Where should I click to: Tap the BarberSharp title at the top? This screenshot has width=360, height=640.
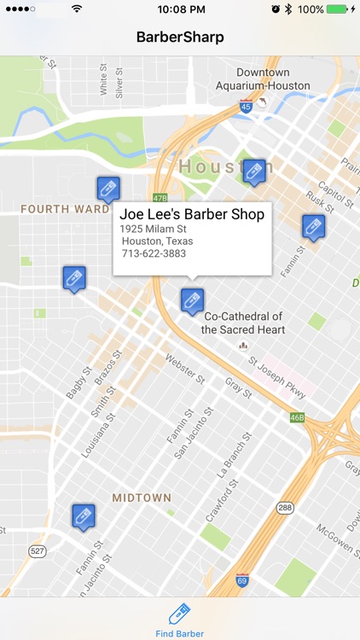click(180, 38)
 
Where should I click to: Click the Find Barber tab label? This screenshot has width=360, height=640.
click(179, 634)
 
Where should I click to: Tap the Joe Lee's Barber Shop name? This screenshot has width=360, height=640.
click(192, 214)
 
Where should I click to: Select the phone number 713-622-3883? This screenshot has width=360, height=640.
click(154, 253)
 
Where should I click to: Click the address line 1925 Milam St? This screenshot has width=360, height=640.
click(153, 229)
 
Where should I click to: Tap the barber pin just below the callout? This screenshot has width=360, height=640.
click(191, 300)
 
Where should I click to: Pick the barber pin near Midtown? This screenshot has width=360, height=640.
click(83, 516)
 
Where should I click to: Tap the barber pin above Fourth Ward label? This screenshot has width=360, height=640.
click(107, 189)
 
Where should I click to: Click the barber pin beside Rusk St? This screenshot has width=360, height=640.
click(313, 226)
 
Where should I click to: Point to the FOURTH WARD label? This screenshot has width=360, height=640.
click(65, 209)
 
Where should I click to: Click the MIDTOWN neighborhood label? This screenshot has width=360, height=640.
click(142, 497)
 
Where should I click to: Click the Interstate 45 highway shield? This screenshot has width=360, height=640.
click(246, 107)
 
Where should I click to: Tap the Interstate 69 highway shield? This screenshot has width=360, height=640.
click(242, 581)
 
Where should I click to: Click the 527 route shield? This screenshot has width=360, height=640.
click(37, 552)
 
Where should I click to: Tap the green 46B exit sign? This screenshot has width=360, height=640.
click(296, 417)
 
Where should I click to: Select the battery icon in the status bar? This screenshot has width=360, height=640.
click(340, 9)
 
